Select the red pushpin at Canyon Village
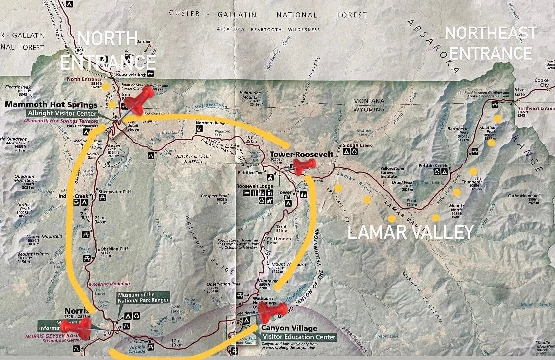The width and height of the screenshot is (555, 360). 273,313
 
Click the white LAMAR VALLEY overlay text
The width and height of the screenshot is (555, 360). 410,232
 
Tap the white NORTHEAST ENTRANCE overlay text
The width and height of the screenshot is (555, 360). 490,43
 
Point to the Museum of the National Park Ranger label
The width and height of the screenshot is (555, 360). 143,297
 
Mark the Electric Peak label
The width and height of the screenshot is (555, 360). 18,87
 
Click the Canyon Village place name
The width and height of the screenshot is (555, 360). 289,328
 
